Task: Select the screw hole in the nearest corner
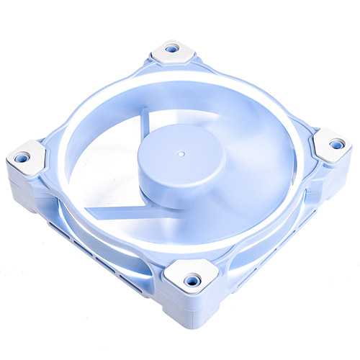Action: coord(192,279)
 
